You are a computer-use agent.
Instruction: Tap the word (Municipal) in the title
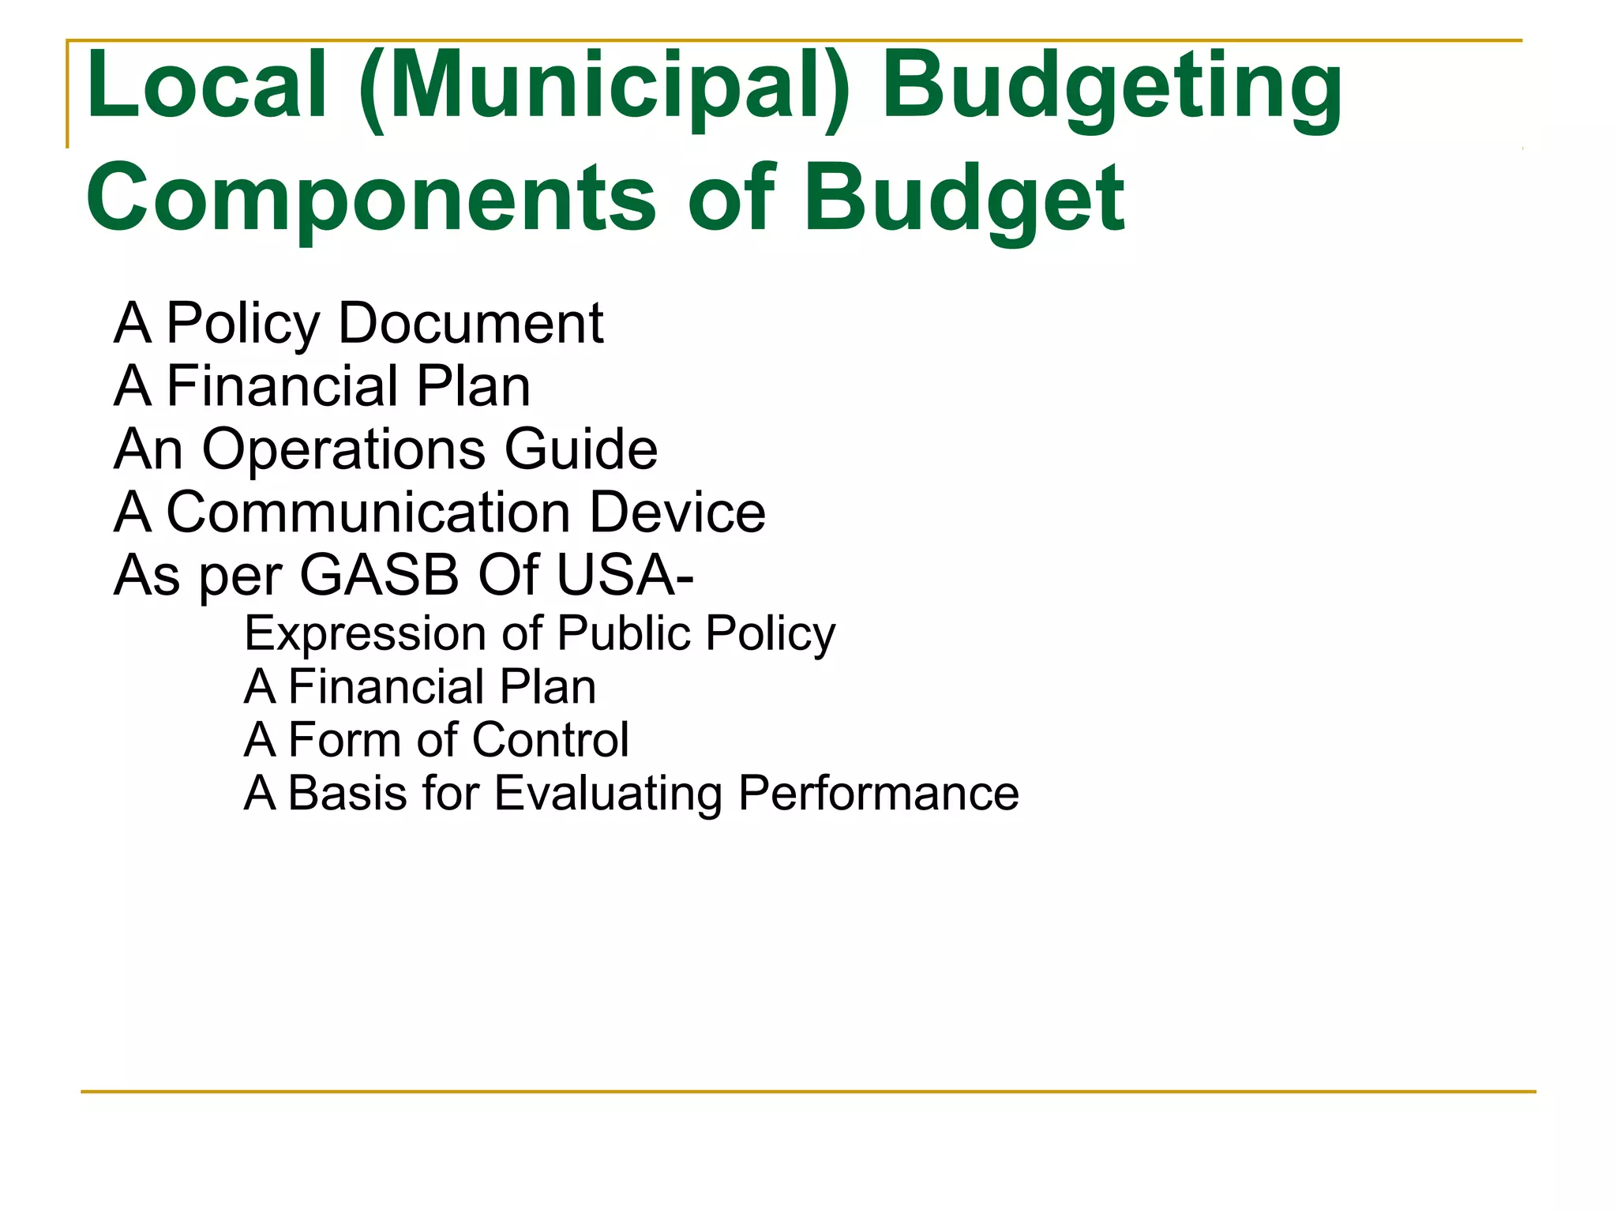pos(604,87)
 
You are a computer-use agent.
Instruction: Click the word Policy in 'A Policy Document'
pos(243,324)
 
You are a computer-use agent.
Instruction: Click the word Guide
pos(581,449)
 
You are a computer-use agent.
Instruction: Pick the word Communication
pos(369,513)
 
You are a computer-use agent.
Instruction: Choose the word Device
pos(677,513)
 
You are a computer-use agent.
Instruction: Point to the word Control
pos(550,740)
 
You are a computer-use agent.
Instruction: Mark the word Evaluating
pos(608,794)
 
